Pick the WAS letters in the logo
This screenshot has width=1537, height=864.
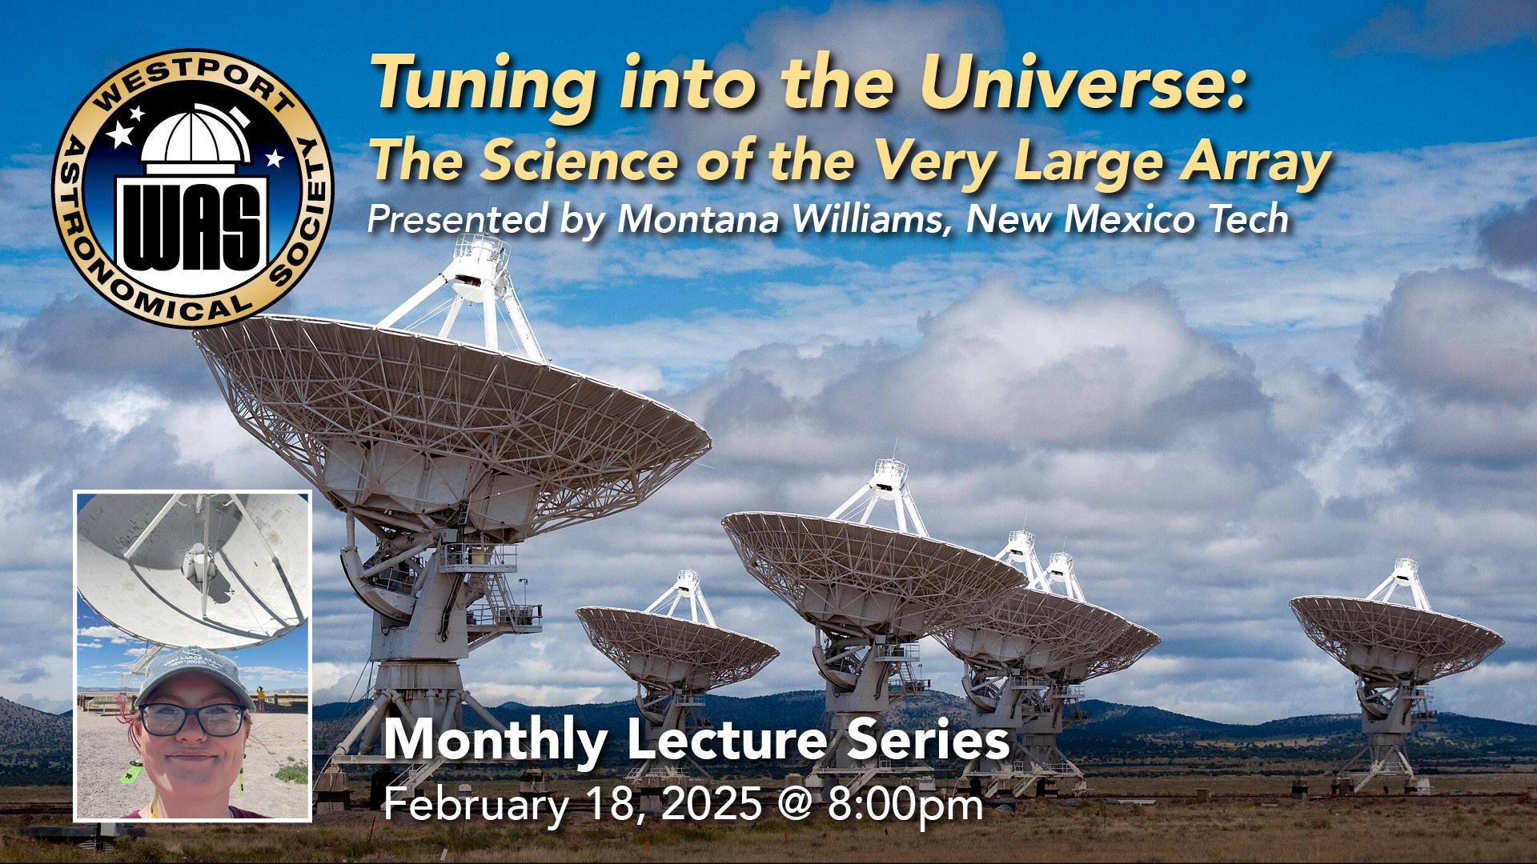tap(192, 226)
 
